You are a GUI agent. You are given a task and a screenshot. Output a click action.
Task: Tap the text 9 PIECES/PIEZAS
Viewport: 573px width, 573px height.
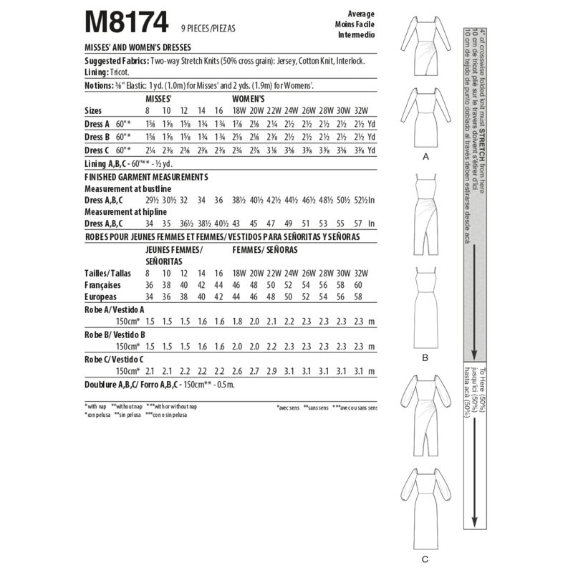207,29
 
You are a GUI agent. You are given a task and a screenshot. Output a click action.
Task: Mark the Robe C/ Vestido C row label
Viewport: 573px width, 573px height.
115,358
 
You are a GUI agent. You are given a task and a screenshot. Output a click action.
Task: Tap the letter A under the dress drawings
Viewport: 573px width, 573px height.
425,155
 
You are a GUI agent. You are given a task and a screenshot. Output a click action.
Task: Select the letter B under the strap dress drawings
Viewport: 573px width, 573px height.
425,356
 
